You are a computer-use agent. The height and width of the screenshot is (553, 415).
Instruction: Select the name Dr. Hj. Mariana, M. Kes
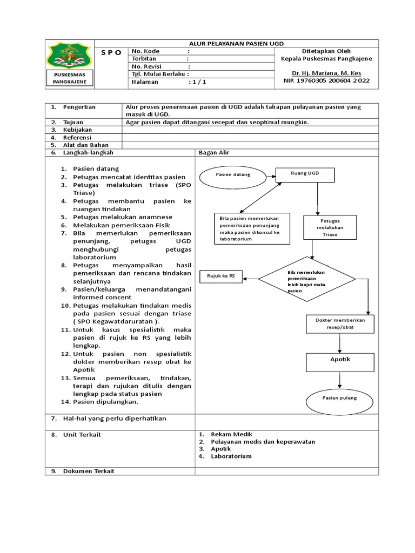[x=326, y=73]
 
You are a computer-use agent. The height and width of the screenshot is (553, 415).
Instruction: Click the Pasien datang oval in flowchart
[x=231, y=175]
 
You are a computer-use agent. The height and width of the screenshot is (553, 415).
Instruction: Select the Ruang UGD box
[x=305, y=174]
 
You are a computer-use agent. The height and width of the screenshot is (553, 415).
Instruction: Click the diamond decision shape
[x=306, y=279]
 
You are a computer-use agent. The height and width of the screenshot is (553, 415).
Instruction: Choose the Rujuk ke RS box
[x=221, y=276]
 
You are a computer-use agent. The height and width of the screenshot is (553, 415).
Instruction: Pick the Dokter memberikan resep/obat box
[x=340, y=323]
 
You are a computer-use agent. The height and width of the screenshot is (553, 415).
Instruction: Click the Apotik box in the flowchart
[x=340, y=360]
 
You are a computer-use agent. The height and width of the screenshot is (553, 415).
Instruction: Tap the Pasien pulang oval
[x=339, y=398]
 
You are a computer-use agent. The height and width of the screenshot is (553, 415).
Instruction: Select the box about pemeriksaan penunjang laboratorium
[x=251, y=228]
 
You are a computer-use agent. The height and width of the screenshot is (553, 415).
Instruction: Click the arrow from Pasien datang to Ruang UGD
[x=270, y=174]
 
